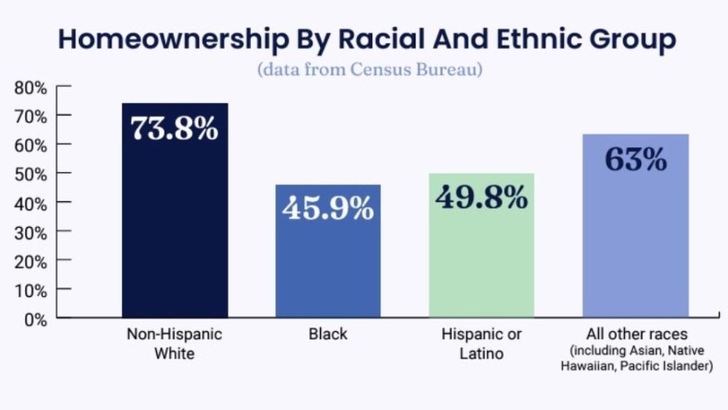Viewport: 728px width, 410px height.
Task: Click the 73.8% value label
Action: coord(175,129)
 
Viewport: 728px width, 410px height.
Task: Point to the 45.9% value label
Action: coord(327,208)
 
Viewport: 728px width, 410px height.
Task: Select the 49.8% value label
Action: coord(481,197)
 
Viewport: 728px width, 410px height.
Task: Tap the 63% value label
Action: coord(636,158)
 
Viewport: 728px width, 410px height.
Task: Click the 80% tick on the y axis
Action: coord(31,86)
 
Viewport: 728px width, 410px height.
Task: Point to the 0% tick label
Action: coord(35,319)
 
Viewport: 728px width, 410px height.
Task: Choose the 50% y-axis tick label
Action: coord(31,174)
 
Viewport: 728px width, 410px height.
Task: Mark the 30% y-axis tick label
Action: coord(31,231)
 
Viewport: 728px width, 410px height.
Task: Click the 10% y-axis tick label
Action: coord(31,289)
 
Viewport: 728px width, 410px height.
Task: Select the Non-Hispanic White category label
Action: coord(175,343)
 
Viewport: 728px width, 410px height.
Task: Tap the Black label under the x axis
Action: coord(327,334)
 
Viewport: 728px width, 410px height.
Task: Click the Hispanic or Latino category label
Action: coord(482,343)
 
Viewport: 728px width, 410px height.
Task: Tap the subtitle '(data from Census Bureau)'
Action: coord(369,69)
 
